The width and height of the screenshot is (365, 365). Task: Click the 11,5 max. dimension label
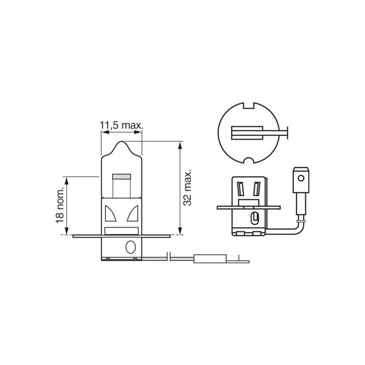(x=121, y=125)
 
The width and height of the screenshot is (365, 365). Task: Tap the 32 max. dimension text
(x=188, y=188)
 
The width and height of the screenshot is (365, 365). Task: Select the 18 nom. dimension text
(x=60, y=205)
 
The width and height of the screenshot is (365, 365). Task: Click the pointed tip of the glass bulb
(x=121, y=141)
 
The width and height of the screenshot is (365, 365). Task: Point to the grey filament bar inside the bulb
(x=121, y=177)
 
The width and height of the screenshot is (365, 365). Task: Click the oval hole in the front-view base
(x=130, y=247)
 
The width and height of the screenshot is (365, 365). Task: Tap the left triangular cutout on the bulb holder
(x=109, y=213)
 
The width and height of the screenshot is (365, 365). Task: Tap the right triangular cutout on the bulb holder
(x=133, y=213)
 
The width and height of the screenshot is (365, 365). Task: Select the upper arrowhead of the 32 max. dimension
(x=180, y=146)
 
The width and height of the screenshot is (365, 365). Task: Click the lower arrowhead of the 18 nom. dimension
(x=67, y=230)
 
